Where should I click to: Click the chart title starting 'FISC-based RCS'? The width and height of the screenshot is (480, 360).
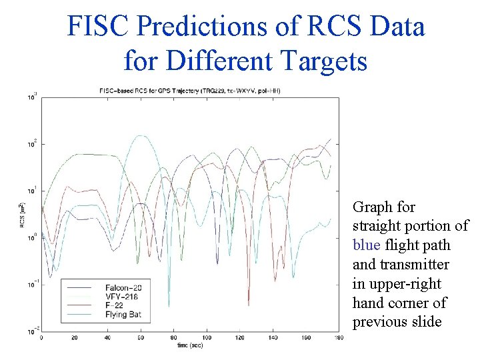click(x=189, y=90)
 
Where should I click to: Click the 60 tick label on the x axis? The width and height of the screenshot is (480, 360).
click(x=140, y=338)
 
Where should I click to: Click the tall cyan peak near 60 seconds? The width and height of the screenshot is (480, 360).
click(x=141, y=136)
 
